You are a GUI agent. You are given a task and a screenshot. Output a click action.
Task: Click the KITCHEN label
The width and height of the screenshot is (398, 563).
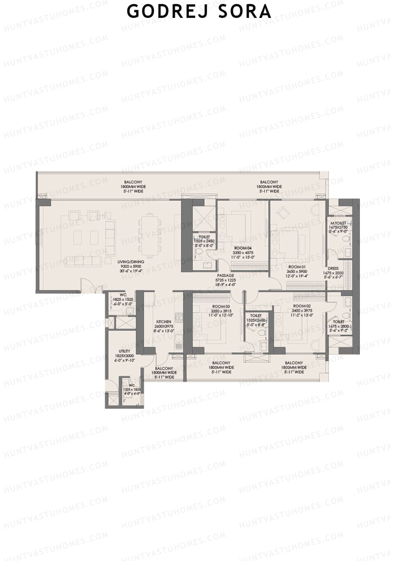[164, 322]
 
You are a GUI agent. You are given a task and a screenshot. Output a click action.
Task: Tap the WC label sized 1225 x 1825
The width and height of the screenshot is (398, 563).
[132, 386]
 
